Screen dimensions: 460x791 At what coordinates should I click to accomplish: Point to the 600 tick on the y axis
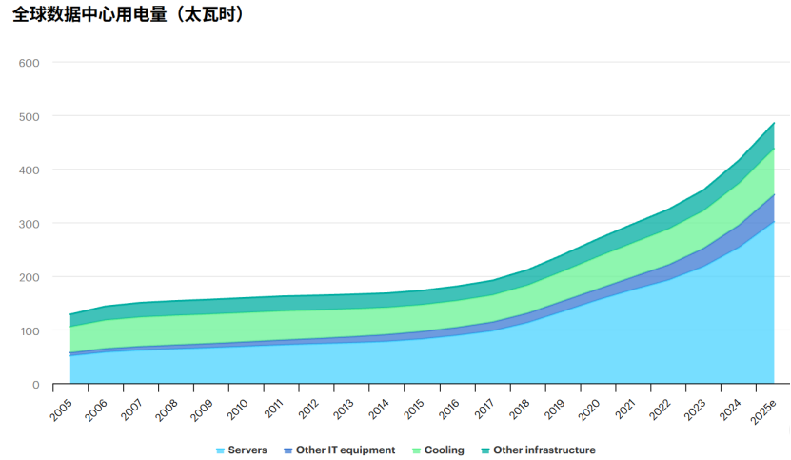(30, 63)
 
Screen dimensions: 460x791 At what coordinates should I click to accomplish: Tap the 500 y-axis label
(30, 116)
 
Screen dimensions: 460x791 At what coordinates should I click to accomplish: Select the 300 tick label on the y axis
(30, 224)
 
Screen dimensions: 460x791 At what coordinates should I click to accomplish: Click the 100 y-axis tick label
(30, 331)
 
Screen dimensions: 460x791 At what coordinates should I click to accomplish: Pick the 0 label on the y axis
(35, 385)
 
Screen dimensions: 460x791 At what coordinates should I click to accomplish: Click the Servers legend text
(247, 450)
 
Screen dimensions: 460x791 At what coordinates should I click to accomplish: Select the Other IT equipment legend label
(346, 450)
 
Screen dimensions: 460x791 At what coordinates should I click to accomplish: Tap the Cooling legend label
(445, 450)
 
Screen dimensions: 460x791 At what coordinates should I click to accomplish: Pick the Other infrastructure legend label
(544, 450)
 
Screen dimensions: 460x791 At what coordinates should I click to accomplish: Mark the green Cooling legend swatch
(417, 450)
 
